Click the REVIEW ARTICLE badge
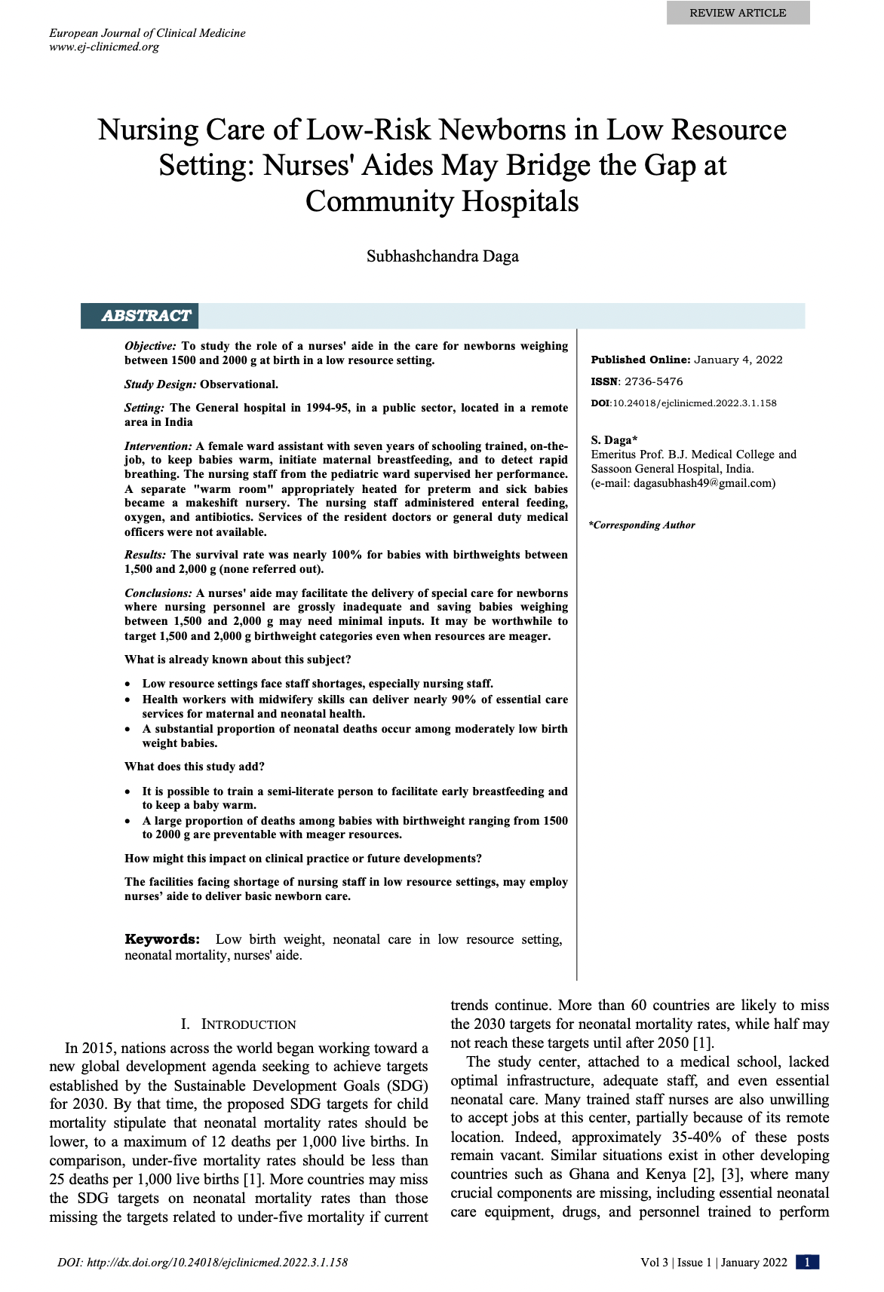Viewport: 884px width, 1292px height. coord(737,13)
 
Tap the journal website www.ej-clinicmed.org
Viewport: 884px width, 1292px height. coord(104,47)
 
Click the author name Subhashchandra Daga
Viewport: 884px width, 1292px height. coord(442,256)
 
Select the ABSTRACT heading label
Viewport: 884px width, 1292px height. coord(146,316)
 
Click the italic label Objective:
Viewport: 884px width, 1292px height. coord(151,346)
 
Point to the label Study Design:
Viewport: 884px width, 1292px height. coord(161,384)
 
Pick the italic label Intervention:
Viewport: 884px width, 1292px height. coord(158,446)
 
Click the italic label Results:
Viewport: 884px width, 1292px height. coord(146,555)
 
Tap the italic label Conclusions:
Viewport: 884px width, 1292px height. coord(158,593)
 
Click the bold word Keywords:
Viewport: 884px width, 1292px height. coord(162,939)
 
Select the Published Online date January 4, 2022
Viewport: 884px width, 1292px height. coord(738,360)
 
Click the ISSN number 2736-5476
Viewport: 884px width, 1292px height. coord(653,381)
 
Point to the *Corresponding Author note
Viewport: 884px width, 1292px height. coord(642,525)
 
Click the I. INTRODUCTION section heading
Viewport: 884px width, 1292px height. coord(238,1024)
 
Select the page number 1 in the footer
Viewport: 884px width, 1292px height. coord(807,1263)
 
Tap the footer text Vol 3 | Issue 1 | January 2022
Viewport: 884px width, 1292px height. coord(714,1263)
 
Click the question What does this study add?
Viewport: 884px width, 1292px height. coord(195,767)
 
